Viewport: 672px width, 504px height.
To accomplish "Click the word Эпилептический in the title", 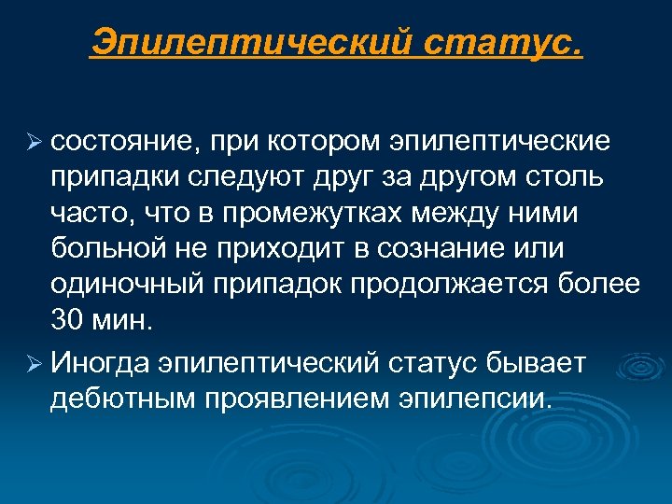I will point(252,42).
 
